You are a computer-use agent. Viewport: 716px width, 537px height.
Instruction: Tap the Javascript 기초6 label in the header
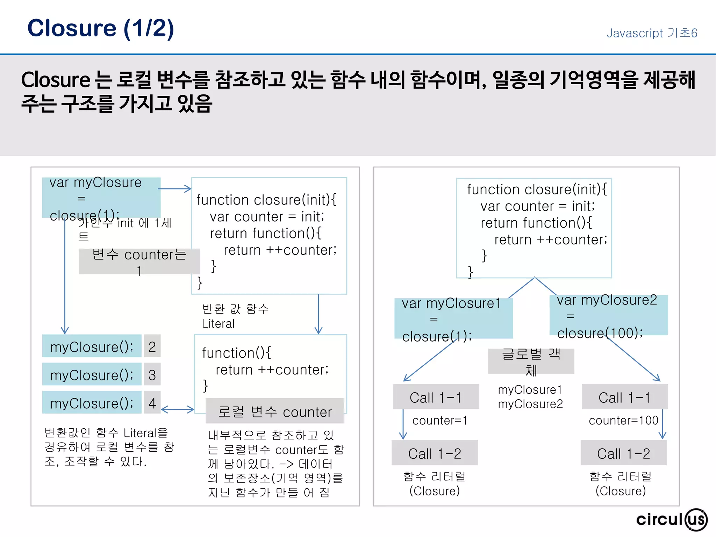click(x=652, y=33)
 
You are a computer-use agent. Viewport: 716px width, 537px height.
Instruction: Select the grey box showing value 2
click(x=152, y=346)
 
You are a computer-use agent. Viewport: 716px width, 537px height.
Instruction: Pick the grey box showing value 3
click(x=152, y=374)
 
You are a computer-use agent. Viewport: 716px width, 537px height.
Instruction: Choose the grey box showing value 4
click(x=152, y=403)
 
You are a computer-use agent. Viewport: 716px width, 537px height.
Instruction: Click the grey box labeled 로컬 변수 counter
click(x=275, y=411)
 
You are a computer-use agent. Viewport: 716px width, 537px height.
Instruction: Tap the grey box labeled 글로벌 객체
click(x=531, y=361)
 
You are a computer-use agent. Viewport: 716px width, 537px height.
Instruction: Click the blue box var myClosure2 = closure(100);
click(x=608, y=316)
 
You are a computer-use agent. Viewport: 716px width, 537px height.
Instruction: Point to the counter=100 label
click(x=623, y=420)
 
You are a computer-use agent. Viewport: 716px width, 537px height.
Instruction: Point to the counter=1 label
click(x=439, y=420)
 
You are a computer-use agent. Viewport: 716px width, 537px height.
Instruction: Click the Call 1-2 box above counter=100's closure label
click(x=623, y=453)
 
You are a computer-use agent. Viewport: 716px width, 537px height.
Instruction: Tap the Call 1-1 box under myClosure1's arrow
click(x=436, y=397)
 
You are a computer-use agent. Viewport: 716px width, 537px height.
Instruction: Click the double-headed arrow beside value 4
click(x=177, y=409)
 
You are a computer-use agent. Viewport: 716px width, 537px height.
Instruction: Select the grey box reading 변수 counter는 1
click(x=139, y=262)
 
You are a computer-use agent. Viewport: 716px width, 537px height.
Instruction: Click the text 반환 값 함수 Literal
click(x=235, y=316)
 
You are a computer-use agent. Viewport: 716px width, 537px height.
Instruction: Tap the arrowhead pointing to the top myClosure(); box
click(x=65, y=330)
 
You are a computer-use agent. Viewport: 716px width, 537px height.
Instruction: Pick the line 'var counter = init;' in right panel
click(x=537, y=206)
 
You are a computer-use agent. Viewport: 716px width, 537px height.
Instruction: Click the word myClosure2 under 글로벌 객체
click(x=530, y=404)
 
